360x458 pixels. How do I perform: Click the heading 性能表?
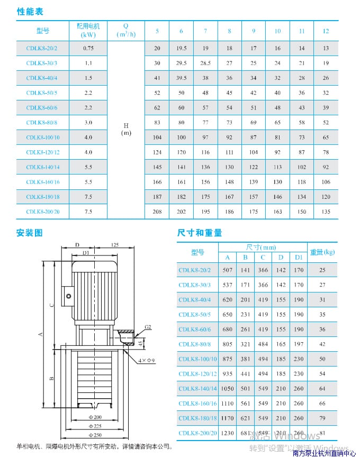[30, 12]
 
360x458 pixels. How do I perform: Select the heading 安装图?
[30, 233]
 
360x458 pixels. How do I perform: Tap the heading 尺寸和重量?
[200, 233]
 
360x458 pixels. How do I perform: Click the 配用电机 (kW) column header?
[88, 30]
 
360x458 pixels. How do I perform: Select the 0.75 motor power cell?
[88, 48]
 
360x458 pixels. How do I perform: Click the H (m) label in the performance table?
[126, 129]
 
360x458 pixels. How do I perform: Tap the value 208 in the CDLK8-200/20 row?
[157, 212]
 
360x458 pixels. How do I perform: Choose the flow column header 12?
[326, 31]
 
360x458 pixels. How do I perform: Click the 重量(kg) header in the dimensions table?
[322, 252]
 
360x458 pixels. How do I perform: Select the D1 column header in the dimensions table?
[299, 258]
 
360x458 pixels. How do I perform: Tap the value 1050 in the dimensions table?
[228, 389]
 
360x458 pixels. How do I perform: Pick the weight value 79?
[322, 418]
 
